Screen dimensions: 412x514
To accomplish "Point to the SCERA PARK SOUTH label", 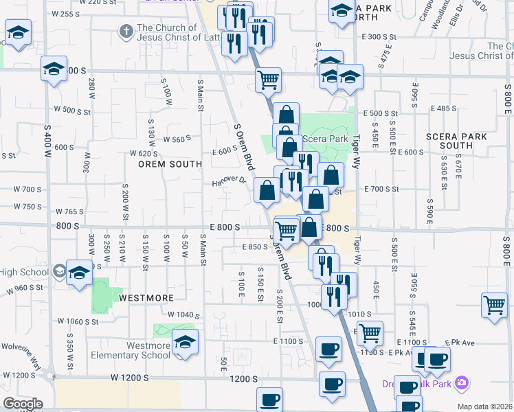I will tap(456, 141).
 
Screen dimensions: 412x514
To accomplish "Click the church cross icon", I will tap(126, 31).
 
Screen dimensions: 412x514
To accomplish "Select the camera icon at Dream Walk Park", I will tap(462, 382).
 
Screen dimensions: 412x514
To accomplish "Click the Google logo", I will tap(22, 403).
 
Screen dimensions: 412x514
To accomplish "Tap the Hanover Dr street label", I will tap(230, 181).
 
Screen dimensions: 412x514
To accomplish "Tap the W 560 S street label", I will tap(177, 139).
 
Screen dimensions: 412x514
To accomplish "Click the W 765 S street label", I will tap(69, 211).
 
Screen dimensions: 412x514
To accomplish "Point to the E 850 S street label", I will tap(254, 247).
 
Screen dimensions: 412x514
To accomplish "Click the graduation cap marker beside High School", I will tap(79, 273).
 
